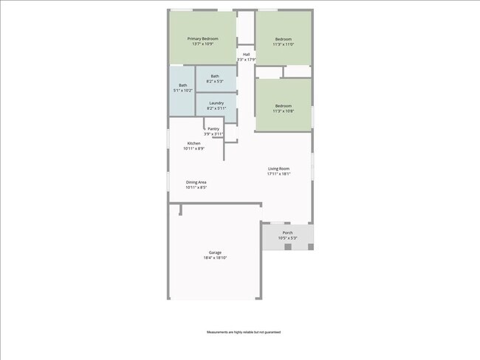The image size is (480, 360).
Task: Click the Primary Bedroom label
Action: coord(202,38)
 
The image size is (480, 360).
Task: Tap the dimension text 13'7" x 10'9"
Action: coord(202,44)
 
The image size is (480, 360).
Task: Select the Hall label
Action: coord(247,54)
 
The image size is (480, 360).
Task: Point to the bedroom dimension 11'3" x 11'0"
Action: coord(284,44)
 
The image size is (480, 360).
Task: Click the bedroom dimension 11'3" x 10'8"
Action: coord(284,111)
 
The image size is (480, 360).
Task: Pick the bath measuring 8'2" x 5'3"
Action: coord(215,78)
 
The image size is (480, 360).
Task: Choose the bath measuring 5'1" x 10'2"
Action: coord(182,88)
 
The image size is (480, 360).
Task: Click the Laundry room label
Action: coord(216,103)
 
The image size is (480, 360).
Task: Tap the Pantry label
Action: coord(213,128)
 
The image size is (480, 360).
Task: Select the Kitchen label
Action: coord(193,142)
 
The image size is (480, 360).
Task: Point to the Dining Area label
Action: coord(196,181)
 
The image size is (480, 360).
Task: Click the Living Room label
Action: coord(278,169)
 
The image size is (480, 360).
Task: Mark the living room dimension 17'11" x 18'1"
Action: coord(279,175)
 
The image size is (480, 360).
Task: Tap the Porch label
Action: coord(287,232)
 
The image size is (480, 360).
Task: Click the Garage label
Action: coord(215,252)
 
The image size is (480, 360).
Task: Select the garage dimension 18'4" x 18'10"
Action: coord(215,258)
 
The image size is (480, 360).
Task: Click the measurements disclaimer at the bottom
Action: coord(244,333)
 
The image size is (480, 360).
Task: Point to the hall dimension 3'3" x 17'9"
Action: coord(247,60)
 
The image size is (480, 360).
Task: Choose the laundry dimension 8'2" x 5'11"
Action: coord(216,109)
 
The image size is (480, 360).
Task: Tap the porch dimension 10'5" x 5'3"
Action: coord(287,238)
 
